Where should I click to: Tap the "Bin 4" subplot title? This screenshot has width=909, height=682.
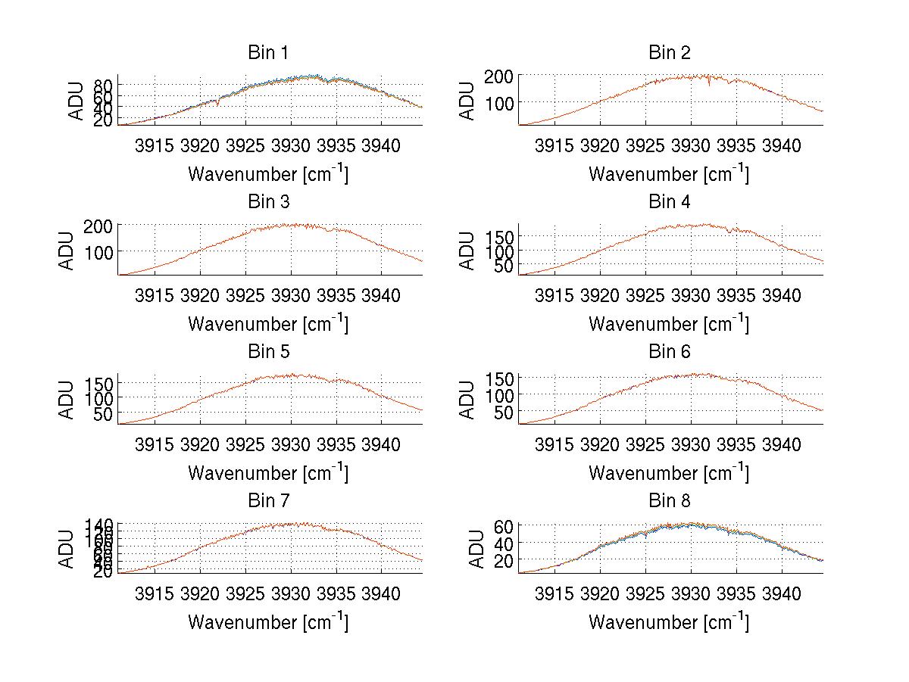pos(669,202)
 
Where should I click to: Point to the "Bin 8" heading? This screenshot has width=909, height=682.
pos(669,501)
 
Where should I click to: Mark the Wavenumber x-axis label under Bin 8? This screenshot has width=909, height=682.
pos(669,622)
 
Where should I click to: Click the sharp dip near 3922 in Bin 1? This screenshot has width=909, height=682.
pos(218,104)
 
